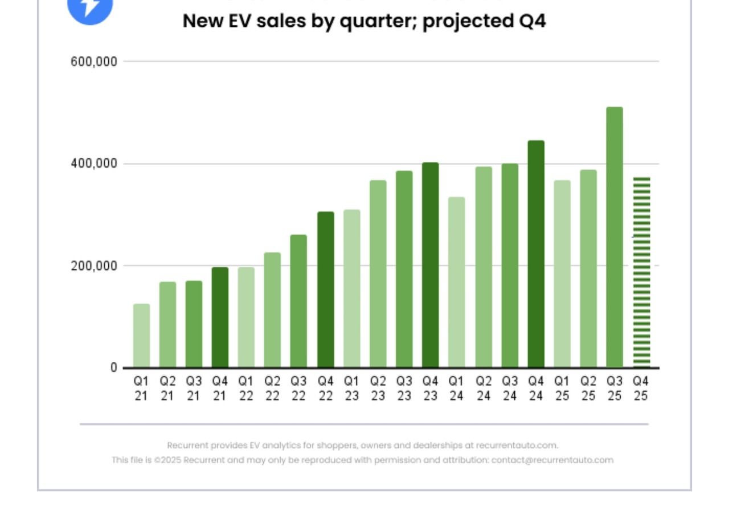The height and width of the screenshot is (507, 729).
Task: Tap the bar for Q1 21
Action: click(x=141, y=336)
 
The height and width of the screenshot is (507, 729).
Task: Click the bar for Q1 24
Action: click(x=456, y=282)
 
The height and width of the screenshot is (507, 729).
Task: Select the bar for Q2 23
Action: click(x=378, y=274)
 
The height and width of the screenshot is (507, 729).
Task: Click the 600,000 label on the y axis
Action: click(x=94, y=62)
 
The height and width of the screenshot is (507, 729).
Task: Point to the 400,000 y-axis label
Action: click(x=94, y=164)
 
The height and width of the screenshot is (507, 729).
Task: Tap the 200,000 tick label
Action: click(x=94, y=266)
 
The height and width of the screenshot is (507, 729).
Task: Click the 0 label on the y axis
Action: click(x=114, y=368)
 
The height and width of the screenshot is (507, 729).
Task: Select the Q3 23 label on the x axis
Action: click(x=404, y=389)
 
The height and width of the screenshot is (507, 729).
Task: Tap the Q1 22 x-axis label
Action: click(x=246, y=389)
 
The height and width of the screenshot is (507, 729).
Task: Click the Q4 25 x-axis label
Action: click(x=641, y=389)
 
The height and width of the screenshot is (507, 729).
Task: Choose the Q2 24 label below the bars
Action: click(x=483, y=389)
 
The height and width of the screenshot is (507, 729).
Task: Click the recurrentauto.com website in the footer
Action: click(x=517, y=445)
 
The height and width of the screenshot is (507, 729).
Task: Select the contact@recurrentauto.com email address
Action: click(x=552, y=460)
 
